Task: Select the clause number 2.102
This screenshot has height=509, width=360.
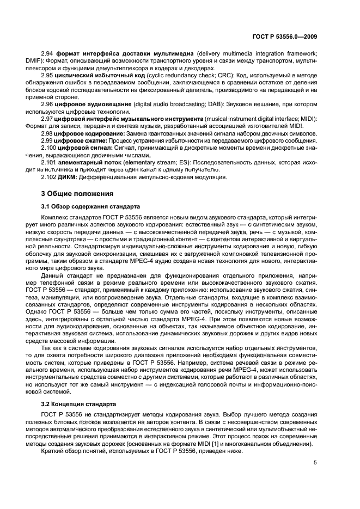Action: click(x=50, y=177)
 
